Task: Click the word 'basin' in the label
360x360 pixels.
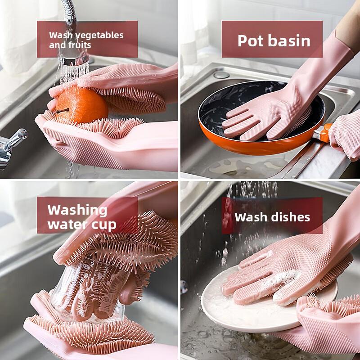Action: (291, 41)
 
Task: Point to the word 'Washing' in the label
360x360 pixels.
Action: (77, 210)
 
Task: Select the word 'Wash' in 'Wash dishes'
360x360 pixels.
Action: (251, 217)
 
